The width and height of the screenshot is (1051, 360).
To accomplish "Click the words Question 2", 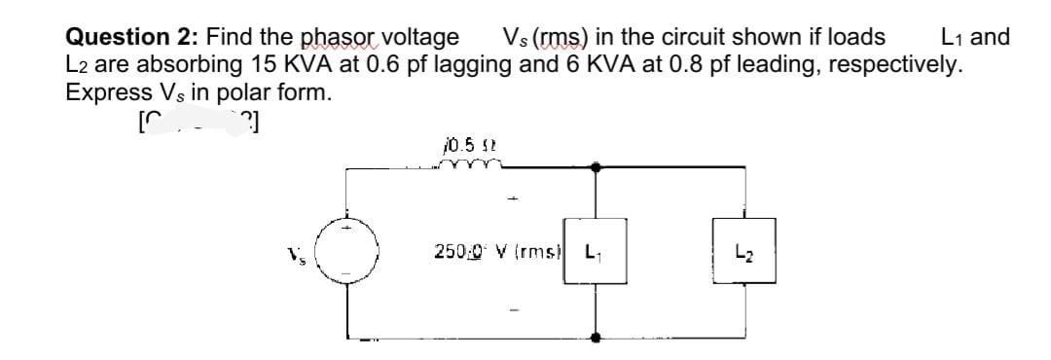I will pos(127,38).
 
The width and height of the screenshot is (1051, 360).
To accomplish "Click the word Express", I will pos(103,94).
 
